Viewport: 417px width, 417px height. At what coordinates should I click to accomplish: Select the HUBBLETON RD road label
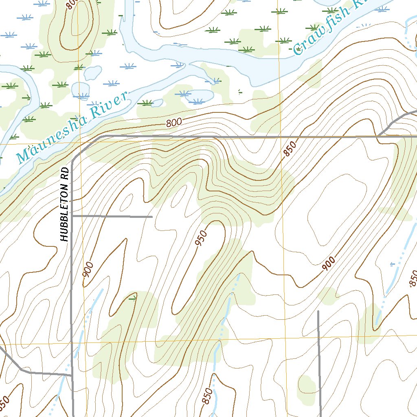coord(64,212)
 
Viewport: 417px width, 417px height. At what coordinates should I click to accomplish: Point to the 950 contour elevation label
coord(201,238)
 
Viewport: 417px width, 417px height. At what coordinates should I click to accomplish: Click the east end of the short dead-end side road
coord(152,217)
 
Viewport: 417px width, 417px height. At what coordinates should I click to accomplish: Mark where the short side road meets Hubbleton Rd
coord(72,215)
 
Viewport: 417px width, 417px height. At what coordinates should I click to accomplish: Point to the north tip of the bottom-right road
coord(318,312)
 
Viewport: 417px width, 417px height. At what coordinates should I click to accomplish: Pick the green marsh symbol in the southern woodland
coord(132,298)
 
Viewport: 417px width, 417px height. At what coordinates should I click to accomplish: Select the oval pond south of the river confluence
coord(199,97)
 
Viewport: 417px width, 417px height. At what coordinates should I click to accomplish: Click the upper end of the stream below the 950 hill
coord(238,275)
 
